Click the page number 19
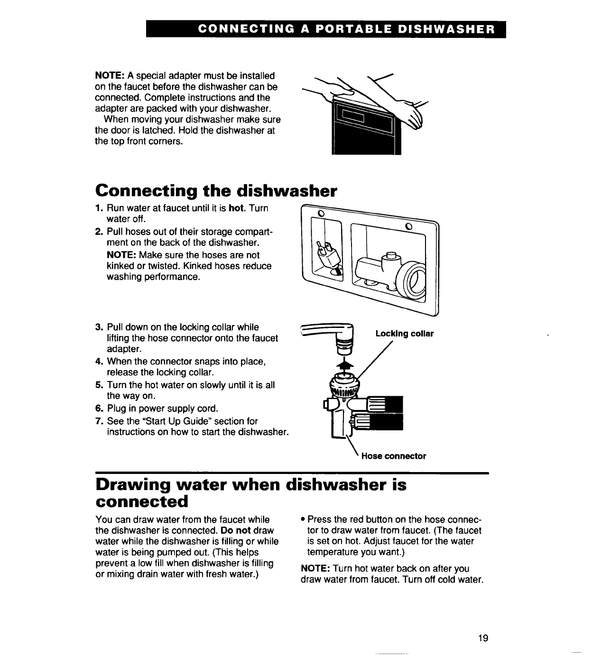[483, 638]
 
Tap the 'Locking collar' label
[404, 334]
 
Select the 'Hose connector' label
[393, 456]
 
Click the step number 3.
[99, 327]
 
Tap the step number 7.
[99, 421]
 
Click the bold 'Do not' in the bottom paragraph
[236, 530]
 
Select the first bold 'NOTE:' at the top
[110, 76]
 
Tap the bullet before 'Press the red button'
[303, 519]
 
